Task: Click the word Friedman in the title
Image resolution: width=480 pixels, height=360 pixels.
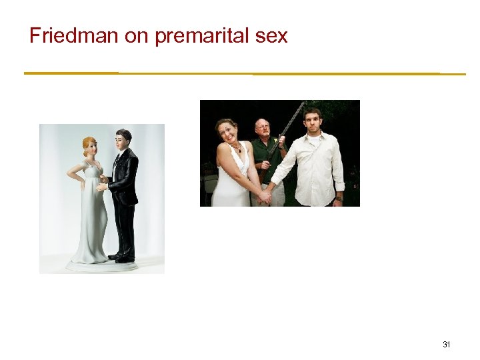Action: click(x=74, y=36)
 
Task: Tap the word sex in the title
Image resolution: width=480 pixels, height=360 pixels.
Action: click(x=271, y=37)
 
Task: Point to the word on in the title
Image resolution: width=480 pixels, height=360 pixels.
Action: click(x=136, y=37)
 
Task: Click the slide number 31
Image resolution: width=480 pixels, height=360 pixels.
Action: click(x=447, y=345)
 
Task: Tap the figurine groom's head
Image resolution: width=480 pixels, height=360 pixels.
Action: click(x=123, y=139)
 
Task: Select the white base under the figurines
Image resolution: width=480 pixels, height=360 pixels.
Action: click(x=102, y=265)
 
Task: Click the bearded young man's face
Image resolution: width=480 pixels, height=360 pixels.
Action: click(x=312, y=122)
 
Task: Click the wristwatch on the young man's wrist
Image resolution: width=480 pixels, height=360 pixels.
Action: click(x=338, y=197)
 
